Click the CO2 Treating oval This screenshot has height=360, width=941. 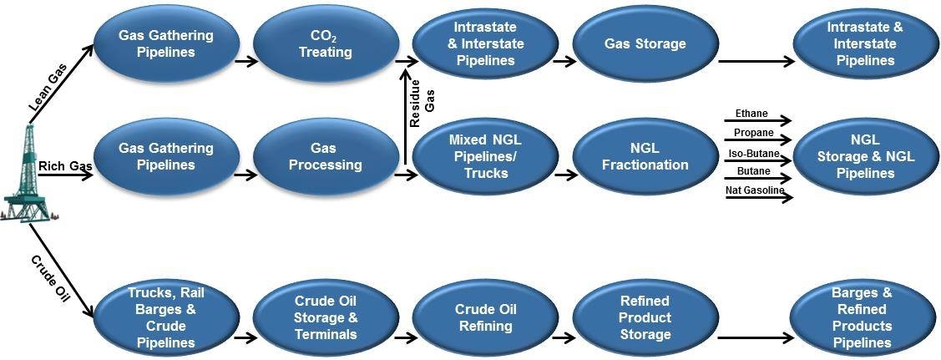[x=325, y=44]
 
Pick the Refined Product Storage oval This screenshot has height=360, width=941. [x=645, y=317]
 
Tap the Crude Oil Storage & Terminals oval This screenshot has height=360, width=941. [x=325, y=317]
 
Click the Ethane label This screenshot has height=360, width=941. [x=751, y=113]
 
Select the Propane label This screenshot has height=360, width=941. [x=753, y=133]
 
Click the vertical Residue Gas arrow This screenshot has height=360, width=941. [x=405, y=117]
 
